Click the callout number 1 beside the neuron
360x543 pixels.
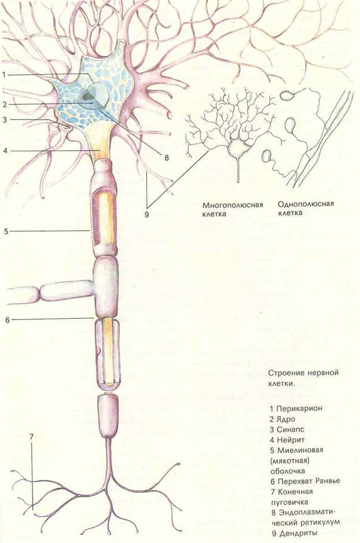pos(4,75)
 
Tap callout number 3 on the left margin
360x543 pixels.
pos(5,120)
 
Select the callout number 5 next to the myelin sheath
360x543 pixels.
pos(6,231)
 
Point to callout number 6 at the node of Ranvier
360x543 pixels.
pos(8,320)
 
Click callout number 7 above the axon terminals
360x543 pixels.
pos(31,437)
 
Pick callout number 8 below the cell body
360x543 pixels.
pos(166,158)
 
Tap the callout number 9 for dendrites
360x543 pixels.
pos(147,215)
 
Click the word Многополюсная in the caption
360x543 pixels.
pos(233,205)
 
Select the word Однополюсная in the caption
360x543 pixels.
pos(306,203)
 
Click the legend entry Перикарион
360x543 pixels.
pos(300,408)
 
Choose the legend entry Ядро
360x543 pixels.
pos(286,419)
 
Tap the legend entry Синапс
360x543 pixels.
pos(290,429)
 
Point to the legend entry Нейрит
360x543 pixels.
pos(291,440)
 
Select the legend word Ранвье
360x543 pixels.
pos(328,481)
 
